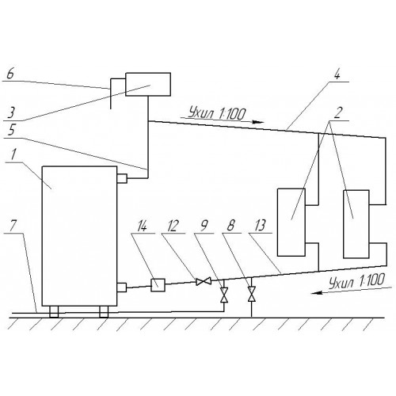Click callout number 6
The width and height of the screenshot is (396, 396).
pos(10,74)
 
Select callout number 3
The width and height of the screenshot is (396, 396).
pos(11,112)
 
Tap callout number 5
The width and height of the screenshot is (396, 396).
pos(10,131)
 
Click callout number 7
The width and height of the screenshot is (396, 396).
pos(13,226)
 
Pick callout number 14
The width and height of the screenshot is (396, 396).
pos(142,227)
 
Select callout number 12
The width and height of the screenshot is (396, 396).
pos(173,227)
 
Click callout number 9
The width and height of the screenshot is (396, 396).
pos(204,226)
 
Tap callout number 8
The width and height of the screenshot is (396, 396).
pos(231,226)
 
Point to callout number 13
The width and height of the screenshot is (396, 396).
pos(260,226)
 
